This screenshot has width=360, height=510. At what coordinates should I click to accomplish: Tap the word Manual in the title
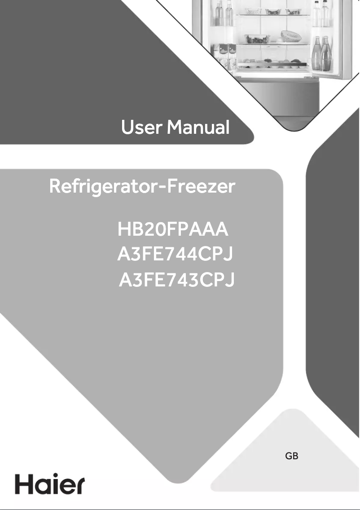(x=198, y=128)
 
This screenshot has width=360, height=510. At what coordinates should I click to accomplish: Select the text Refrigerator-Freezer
(x=142, y=186)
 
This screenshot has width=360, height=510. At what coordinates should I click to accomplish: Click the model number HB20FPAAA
(x=173, y=230)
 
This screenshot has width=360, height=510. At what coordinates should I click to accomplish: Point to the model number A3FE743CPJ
(x=176, y=281)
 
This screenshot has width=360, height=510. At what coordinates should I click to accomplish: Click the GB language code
(x=292, y=457)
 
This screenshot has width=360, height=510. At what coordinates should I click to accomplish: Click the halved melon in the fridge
(x=290, y=35)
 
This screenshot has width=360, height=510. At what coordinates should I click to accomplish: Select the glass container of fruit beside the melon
(x=257, y=39)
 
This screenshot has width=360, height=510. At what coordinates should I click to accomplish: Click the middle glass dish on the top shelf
(x=272, y=11)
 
